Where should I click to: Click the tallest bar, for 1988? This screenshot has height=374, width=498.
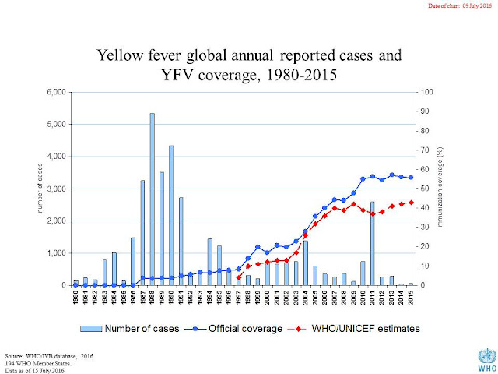pyautogui.click(x=153, y=199)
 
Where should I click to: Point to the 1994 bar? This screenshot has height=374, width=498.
pyautogui.click(x=209, y=262)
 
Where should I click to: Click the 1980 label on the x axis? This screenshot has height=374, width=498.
pyautogui.click(x=76, y=298)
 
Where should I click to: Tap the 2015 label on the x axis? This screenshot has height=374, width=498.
pyautogui.click(x=411, y=298)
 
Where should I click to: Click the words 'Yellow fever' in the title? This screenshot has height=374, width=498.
pyautogui.click(x=145, y=56)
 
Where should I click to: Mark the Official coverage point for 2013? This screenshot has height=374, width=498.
pyautogui.click(x=391, y=175)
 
